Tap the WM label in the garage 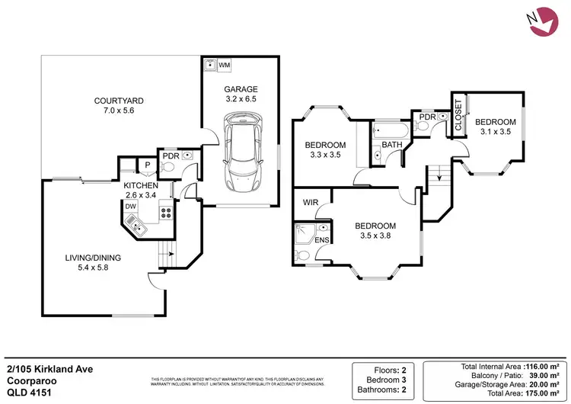click(x=225, y=66)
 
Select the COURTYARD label click(x=119, y=101)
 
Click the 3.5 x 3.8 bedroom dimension click(x=376, y=236)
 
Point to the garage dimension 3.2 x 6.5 click(x=241, y=99)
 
